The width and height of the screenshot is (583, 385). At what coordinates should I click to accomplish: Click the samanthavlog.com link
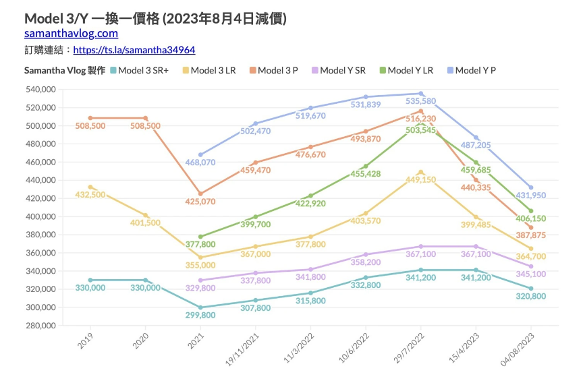coord(71,33)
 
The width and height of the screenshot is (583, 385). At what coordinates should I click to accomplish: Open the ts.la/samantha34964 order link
coord(134,50)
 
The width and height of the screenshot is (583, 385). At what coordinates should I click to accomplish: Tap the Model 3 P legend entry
coord(277,70)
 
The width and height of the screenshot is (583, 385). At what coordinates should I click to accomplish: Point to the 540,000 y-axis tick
coord(40,89)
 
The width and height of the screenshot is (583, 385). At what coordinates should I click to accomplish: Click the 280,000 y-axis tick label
coord(40,326)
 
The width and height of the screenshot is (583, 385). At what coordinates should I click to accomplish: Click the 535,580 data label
coord(420,101)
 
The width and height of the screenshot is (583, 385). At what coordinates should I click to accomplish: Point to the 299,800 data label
coord(201,315)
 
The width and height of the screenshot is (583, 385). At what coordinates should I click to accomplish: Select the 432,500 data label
coord(90,194)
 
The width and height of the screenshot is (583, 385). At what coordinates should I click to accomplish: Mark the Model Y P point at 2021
coord(200,154)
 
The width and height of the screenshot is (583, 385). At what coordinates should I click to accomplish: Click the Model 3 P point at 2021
coord(200,194)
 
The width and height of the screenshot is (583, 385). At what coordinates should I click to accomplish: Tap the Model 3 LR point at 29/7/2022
coord(420,172)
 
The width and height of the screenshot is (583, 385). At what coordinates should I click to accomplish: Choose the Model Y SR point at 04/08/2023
coord(531,266)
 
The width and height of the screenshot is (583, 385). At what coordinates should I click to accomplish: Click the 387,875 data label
coord(532,235)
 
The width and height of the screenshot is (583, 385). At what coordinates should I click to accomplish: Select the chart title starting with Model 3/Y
coord(155,18)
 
